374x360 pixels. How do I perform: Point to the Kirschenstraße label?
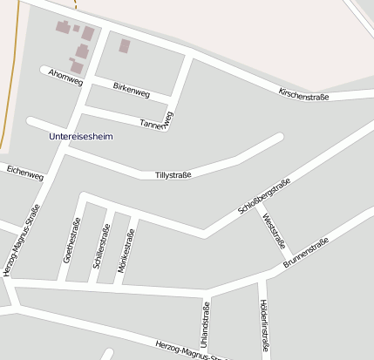[303, 94]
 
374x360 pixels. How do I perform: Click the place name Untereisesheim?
[81, 136]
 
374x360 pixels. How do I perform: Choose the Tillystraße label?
[173, 175]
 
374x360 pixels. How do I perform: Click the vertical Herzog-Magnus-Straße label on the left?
[22, 240]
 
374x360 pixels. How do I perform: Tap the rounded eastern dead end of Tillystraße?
[278, 137]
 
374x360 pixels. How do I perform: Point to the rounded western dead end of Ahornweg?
[44, 68]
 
